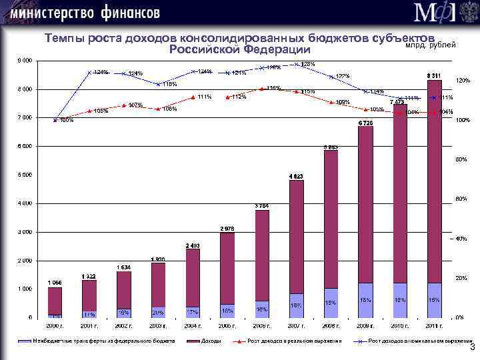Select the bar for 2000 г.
55,300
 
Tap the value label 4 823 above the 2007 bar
296,176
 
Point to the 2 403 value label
193,245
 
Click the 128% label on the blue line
307,64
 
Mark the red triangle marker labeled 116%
262,89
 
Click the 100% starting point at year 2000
55,119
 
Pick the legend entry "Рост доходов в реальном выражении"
294,341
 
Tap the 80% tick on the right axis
461,159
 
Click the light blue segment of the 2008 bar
331,303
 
